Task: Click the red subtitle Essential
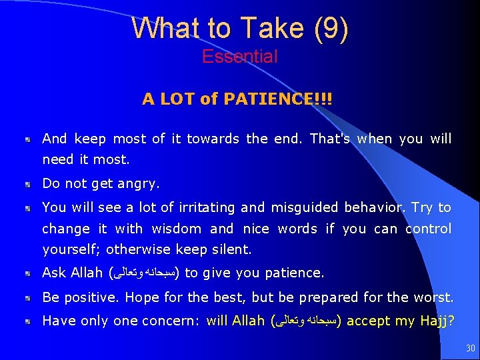point(240,57)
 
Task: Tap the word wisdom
point(177,229)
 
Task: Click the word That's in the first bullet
point(331,139)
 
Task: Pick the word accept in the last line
point(369,321)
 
